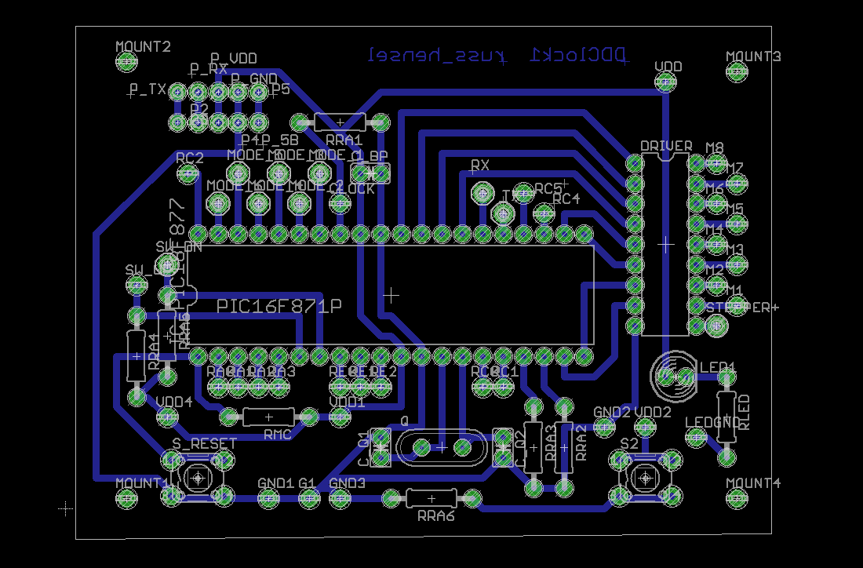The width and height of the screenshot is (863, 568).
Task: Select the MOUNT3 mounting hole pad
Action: coord(736,72)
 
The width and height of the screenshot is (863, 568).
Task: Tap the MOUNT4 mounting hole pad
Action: coord(736,497)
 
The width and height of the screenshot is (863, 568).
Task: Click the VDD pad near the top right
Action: coord(666,81)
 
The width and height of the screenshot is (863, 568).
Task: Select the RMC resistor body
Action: coord(268,417)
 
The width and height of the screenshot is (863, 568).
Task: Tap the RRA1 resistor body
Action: coord(339,122)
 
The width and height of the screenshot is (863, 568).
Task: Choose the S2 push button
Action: coord(645,476)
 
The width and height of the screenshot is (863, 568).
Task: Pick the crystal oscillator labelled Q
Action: coord(441,447)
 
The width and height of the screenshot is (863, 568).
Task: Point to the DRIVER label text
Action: coord(666,147)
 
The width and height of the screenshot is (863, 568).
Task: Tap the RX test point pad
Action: coord(481,191)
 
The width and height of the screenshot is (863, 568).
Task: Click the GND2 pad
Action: coord(603,427)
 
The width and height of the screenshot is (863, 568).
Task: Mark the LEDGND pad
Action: coord(696,438)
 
